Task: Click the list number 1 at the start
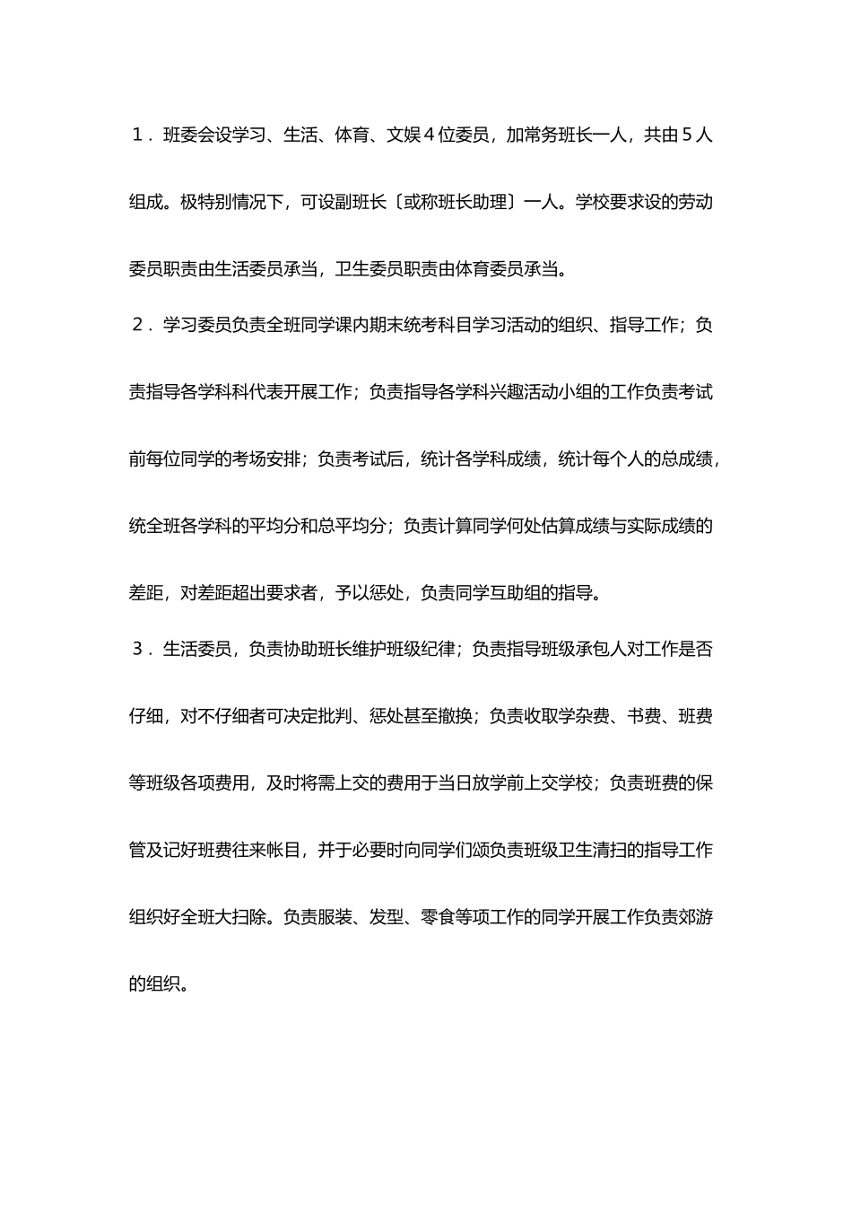click(137, 135)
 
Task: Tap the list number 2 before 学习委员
click(137, 325)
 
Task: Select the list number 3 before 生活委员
click(137, 649)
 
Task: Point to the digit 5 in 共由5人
click(687, 135)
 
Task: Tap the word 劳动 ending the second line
click(696, 202)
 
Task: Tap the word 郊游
click(696, 917)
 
